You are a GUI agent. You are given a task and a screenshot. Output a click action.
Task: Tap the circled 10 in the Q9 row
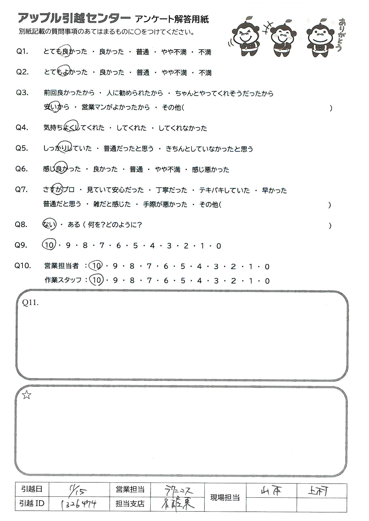click(x=49, y=245)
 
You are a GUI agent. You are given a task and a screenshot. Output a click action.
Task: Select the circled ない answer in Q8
click(x=49, y=225)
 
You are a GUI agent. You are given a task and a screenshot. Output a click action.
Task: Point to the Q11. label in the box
click(x=30, y=303)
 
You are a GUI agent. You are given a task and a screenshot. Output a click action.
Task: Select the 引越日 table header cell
click(x=32, y=489)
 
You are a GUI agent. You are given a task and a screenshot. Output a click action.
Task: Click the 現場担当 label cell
click(x=225, y=497)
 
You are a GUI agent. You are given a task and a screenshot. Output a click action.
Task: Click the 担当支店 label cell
click(x=130, y=504)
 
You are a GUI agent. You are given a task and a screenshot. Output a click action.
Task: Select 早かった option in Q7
click(x=274, y=190)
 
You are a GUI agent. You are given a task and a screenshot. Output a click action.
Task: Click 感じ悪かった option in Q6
click(x=210, y=169)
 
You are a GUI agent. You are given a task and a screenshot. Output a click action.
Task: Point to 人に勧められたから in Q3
click(x=135, y=93)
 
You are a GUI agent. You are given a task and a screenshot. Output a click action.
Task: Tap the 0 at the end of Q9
click(x=219, y=246)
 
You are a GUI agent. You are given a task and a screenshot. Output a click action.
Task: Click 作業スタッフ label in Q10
click(x=63, y=280)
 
